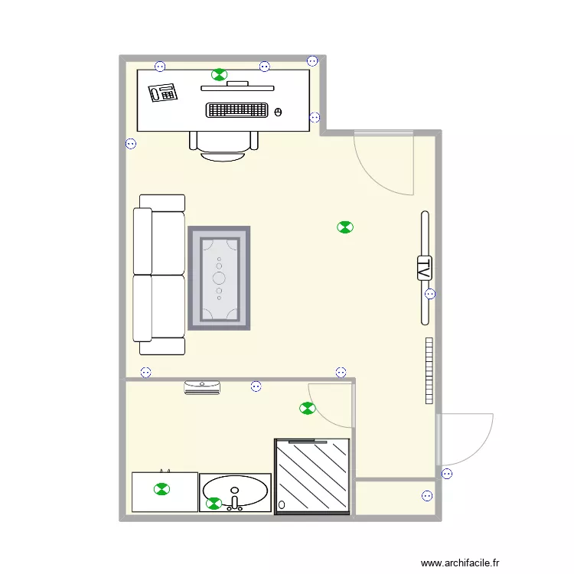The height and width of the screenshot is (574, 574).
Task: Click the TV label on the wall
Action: [x=424, y=268]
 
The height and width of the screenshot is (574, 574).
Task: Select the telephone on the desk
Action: [x=163, y=93]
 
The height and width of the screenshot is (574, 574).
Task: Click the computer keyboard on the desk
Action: [x=237, y=110]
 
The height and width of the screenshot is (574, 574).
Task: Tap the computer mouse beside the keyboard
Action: [x=278, y=112]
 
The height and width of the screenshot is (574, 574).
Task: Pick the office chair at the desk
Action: [x=223, y=145]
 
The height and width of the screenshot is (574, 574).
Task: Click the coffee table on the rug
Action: [x=219, y=279]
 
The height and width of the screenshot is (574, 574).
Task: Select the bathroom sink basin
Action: [x=235, y=490]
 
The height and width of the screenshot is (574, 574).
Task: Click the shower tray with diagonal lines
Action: [x=312, y=475]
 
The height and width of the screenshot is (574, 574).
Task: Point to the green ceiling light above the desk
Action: [x=220, y=74]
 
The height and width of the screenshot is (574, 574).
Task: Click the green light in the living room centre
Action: [x=345, y=227]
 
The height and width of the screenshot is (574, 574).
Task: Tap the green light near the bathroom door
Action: [x=307, y=409]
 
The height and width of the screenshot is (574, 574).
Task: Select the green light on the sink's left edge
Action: [x=214, y=504]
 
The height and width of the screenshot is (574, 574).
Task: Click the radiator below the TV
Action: [x=429, y=370]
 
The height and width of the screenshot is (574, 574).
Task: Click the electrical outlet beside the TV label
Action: [x=430, y=294]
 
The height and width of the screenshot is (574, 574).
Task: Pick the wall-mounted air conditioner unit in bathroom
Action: [x=202, y=386]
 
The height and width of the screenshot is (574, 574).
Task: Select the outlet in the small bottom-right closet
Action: [x=426, y=495]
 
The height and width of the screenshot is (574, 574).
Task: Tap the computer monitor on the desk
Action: [x=237, y=86]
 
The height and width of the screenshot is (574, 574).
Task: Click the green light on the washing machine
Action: [x=161, y=489]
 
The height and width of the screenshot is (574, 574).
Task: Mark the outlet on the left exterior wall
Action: [x=131, y=143]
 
